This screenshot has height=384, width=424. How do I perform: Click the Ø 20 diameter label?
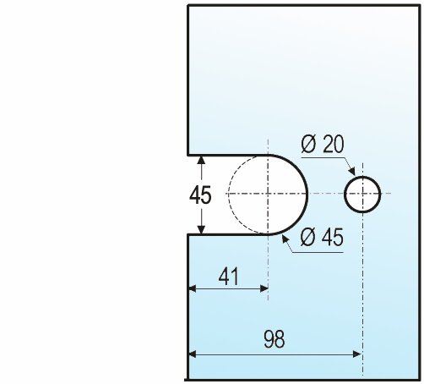(323, 144)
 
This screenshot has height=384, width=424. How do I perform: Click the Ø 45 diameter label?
(322, 237)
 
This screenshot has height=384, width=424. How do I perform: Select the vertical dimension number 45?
(200, 195)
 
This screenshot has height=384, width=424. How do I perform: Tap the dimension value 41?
(229, 277)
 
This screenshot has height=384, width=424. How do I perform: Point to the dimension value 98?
(275, 339)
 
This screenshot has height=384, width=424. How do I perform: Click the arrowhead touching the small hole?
(351, 171)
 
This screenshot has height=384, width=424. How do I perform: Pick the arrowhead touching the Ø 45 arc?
(285, 240)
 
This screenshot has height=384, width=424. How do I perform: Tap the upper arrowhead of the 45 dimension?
(201, 160)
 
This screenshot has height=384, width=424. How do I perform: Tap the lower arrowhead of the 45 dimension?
(201, 229)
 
